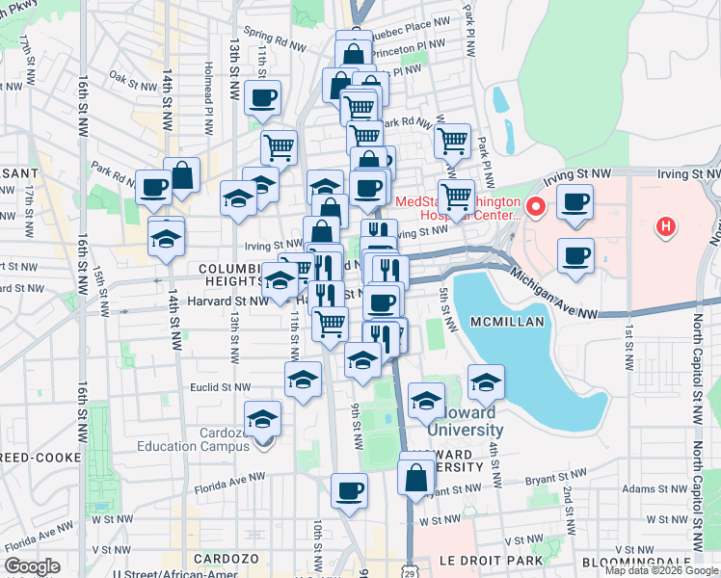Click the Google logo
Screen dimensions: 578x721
[33, 566]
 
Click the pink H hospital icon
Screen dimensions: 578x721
[663, 228]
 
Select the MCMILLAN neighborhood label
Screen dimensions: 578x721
[508, 320]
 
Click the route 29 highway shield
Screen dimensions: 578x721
[410, 565]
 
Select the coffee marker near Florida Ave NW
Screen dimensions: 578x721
[349, 491]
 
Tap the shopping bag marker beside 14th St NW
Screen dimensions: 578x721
[181, 175]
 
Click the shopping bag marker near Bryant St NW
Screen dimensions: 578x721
[415, 477]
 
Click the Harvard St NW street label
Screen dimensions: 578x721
[231, 301]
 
